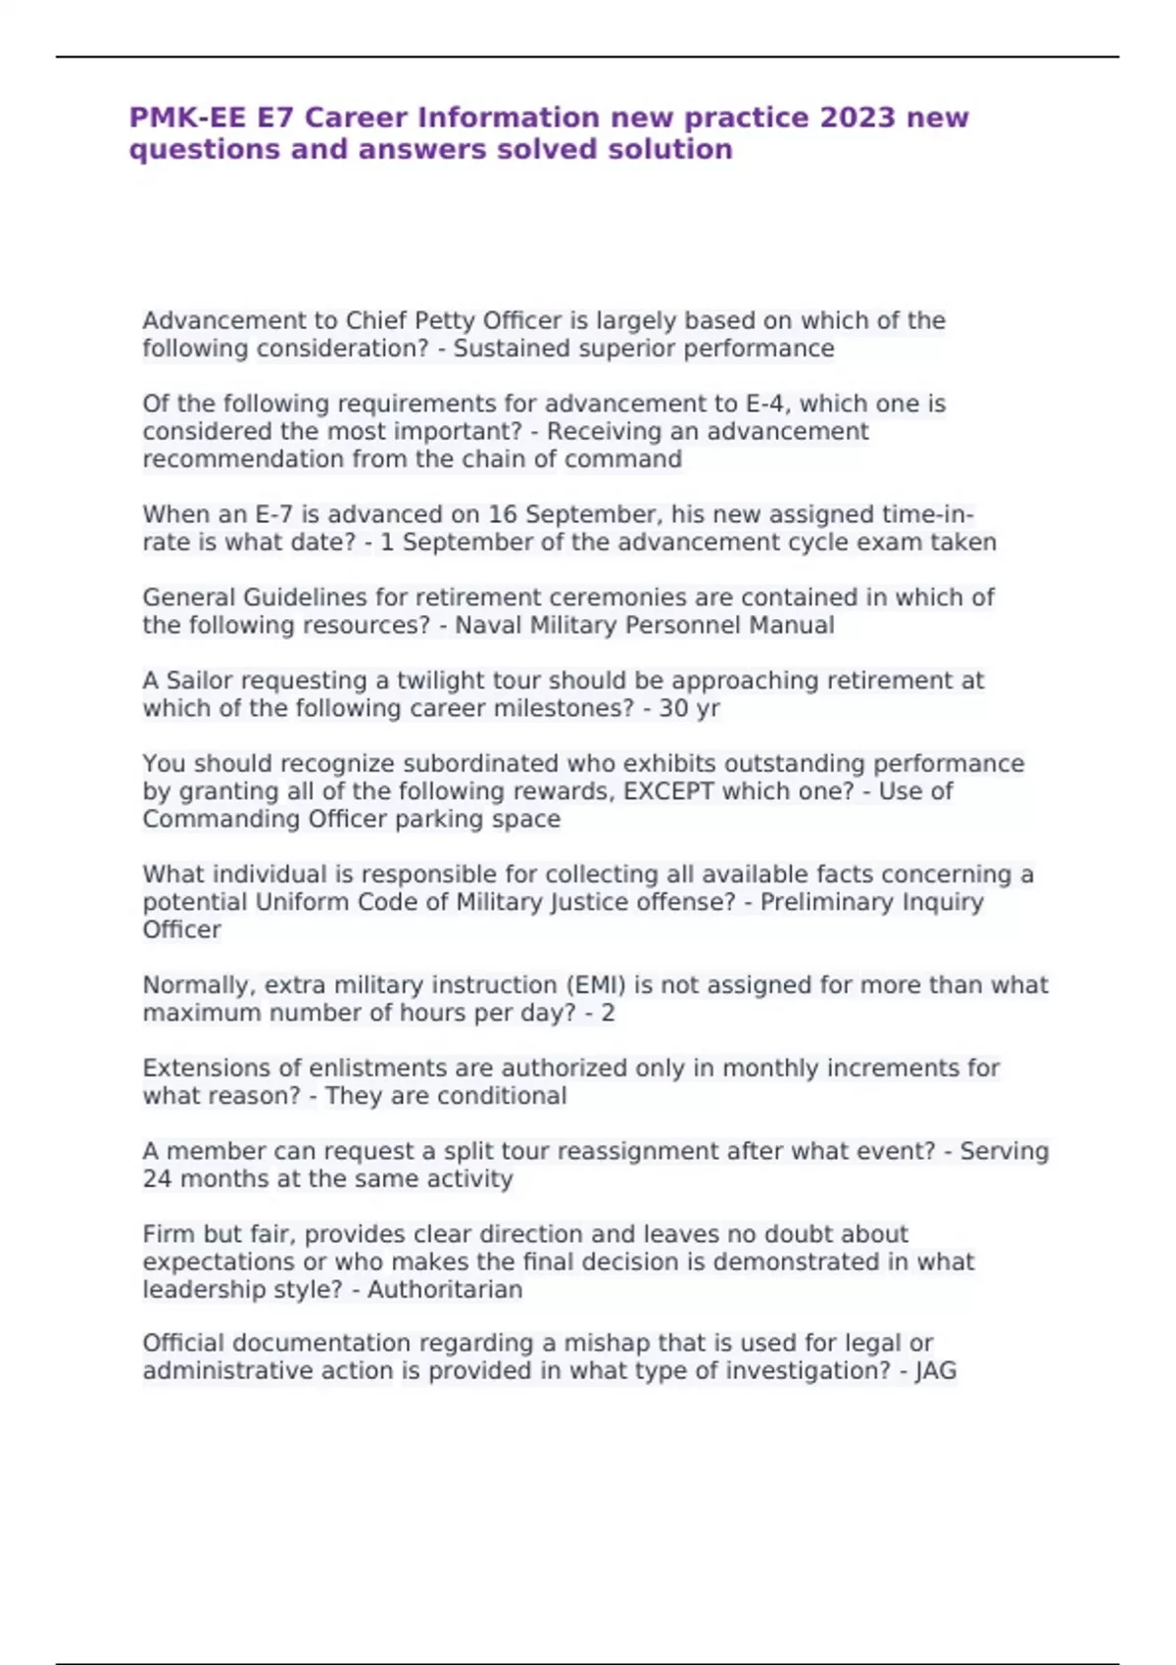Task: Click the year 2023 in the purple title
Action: pos(857,118)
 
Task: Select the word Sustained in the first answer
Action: pos(500,349)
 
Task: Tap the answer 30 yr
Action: pos(689,708)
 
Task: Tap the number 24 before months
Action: pos(157,1178)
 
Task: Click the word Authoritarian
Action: pos(445,1289)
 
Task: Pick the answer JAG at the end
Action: pos(935,1370)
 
